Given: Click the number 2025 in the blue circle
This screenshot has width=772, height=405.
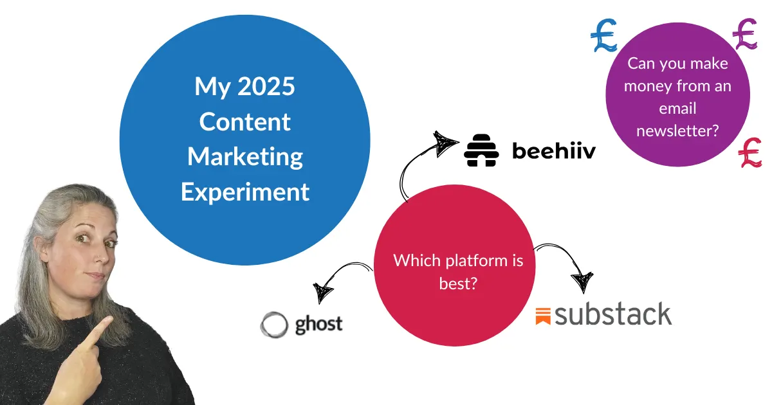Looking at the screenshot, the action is click(x=266, y=86).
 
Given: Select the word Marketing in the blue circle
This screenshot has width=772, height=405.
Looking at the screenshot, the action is click(x=245, y=157).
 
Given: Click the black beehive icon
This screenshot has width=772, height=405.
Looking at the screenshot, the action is click(x=481, y=150).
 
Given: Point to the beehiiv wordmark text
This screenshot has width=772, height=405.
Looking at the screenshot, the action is click(x=554, y=151).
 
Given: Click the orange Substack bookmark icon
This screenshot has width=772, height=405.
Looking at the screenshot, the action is click(x=543, y=316).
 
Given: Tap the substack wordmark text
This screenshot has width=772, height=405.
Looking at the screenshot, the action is click(x=613, y=314).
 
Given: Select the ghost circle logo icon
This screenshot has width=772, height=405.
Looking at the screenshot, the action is click(x=274, y=325).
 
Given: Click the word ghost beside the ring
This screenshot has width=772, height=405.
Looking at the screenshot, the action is click(x=319, y=325).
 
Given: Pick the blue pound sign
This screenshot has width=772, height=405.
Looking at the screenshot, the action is click(x=604, y=35).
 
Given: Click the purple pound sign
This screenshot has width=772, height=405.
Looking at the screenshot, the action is click(x=745, y=34).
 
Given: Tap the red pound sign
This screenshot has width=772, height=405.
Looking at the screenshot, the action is click(x=750, y=152).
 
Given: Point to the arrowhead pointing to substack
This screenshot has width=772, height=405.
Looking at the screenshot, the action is click(x=582, y=282).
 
